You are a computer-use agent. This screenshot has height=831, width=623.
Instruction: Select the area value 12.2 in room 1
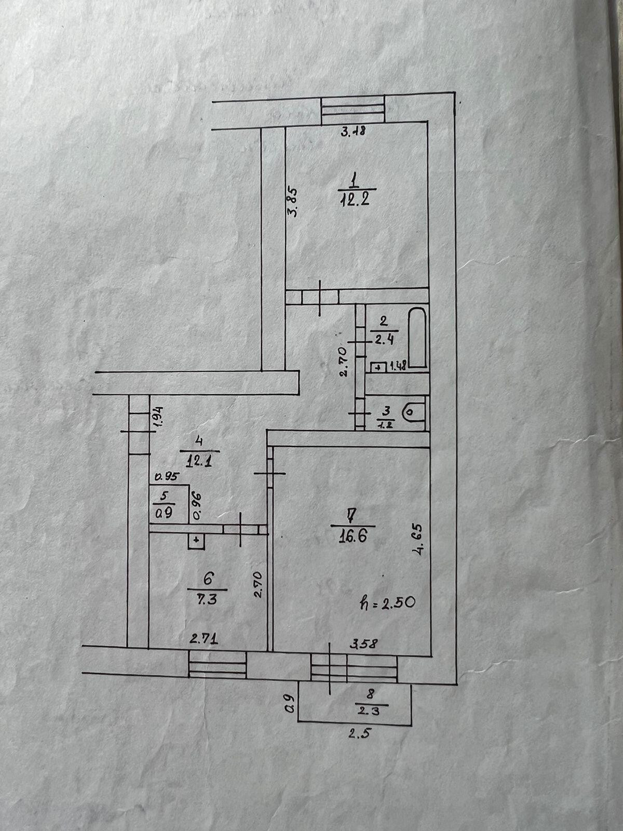[x=355, y=199]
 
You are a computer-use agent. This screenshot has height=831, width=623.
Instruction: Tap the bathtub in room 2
[x=417, y=338]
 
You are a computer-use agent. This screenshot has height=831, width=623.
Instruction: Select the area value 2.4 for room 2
[x=385, y=341]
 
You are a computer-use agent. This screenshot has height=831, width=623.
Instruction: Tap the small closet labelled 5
[x=168, y=504]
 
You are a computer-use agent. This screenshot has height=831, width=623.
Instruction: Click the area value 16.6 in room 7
[x=353, y=535]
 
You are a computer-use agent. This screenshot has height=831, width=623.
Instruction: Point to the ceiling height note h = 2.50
[x=387, y=603]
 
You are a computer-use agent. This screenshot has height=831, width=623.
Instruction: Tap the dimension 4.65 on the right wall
[x=419, y=541]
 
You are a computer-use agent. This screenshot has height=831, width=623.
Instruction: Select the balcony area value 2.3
[x=372, y=711]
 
